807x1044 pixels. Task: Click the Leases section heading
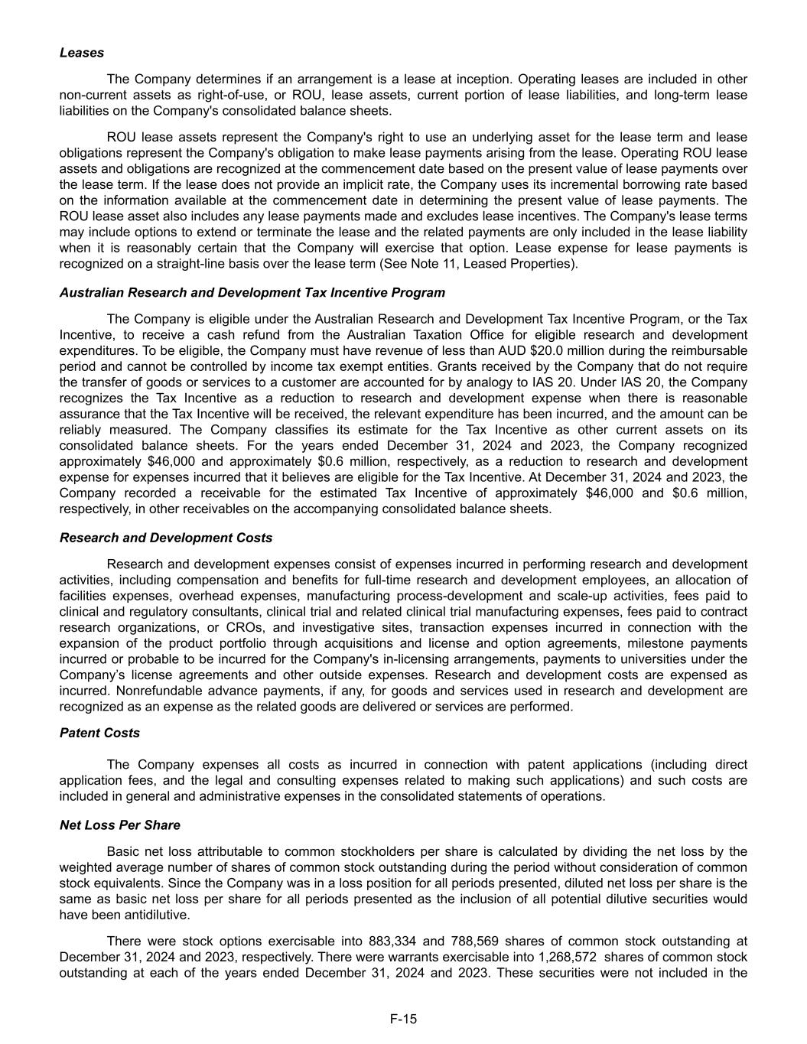click(x=82, y=53)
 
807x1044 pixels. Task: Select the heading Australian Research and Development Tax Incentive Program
click(x=252, y=292)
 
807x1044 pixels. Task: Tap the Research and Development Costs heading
click(x=166, y=538)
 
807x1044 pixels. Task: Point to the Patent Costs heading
click(x=99, y=733)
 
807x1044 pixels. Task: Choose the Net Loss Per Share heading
click(x=120, y=825)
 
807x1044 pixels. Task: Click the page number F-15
click(x=403, y=1018)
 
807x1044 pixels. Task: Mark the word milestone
click(x=646, y=643)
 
